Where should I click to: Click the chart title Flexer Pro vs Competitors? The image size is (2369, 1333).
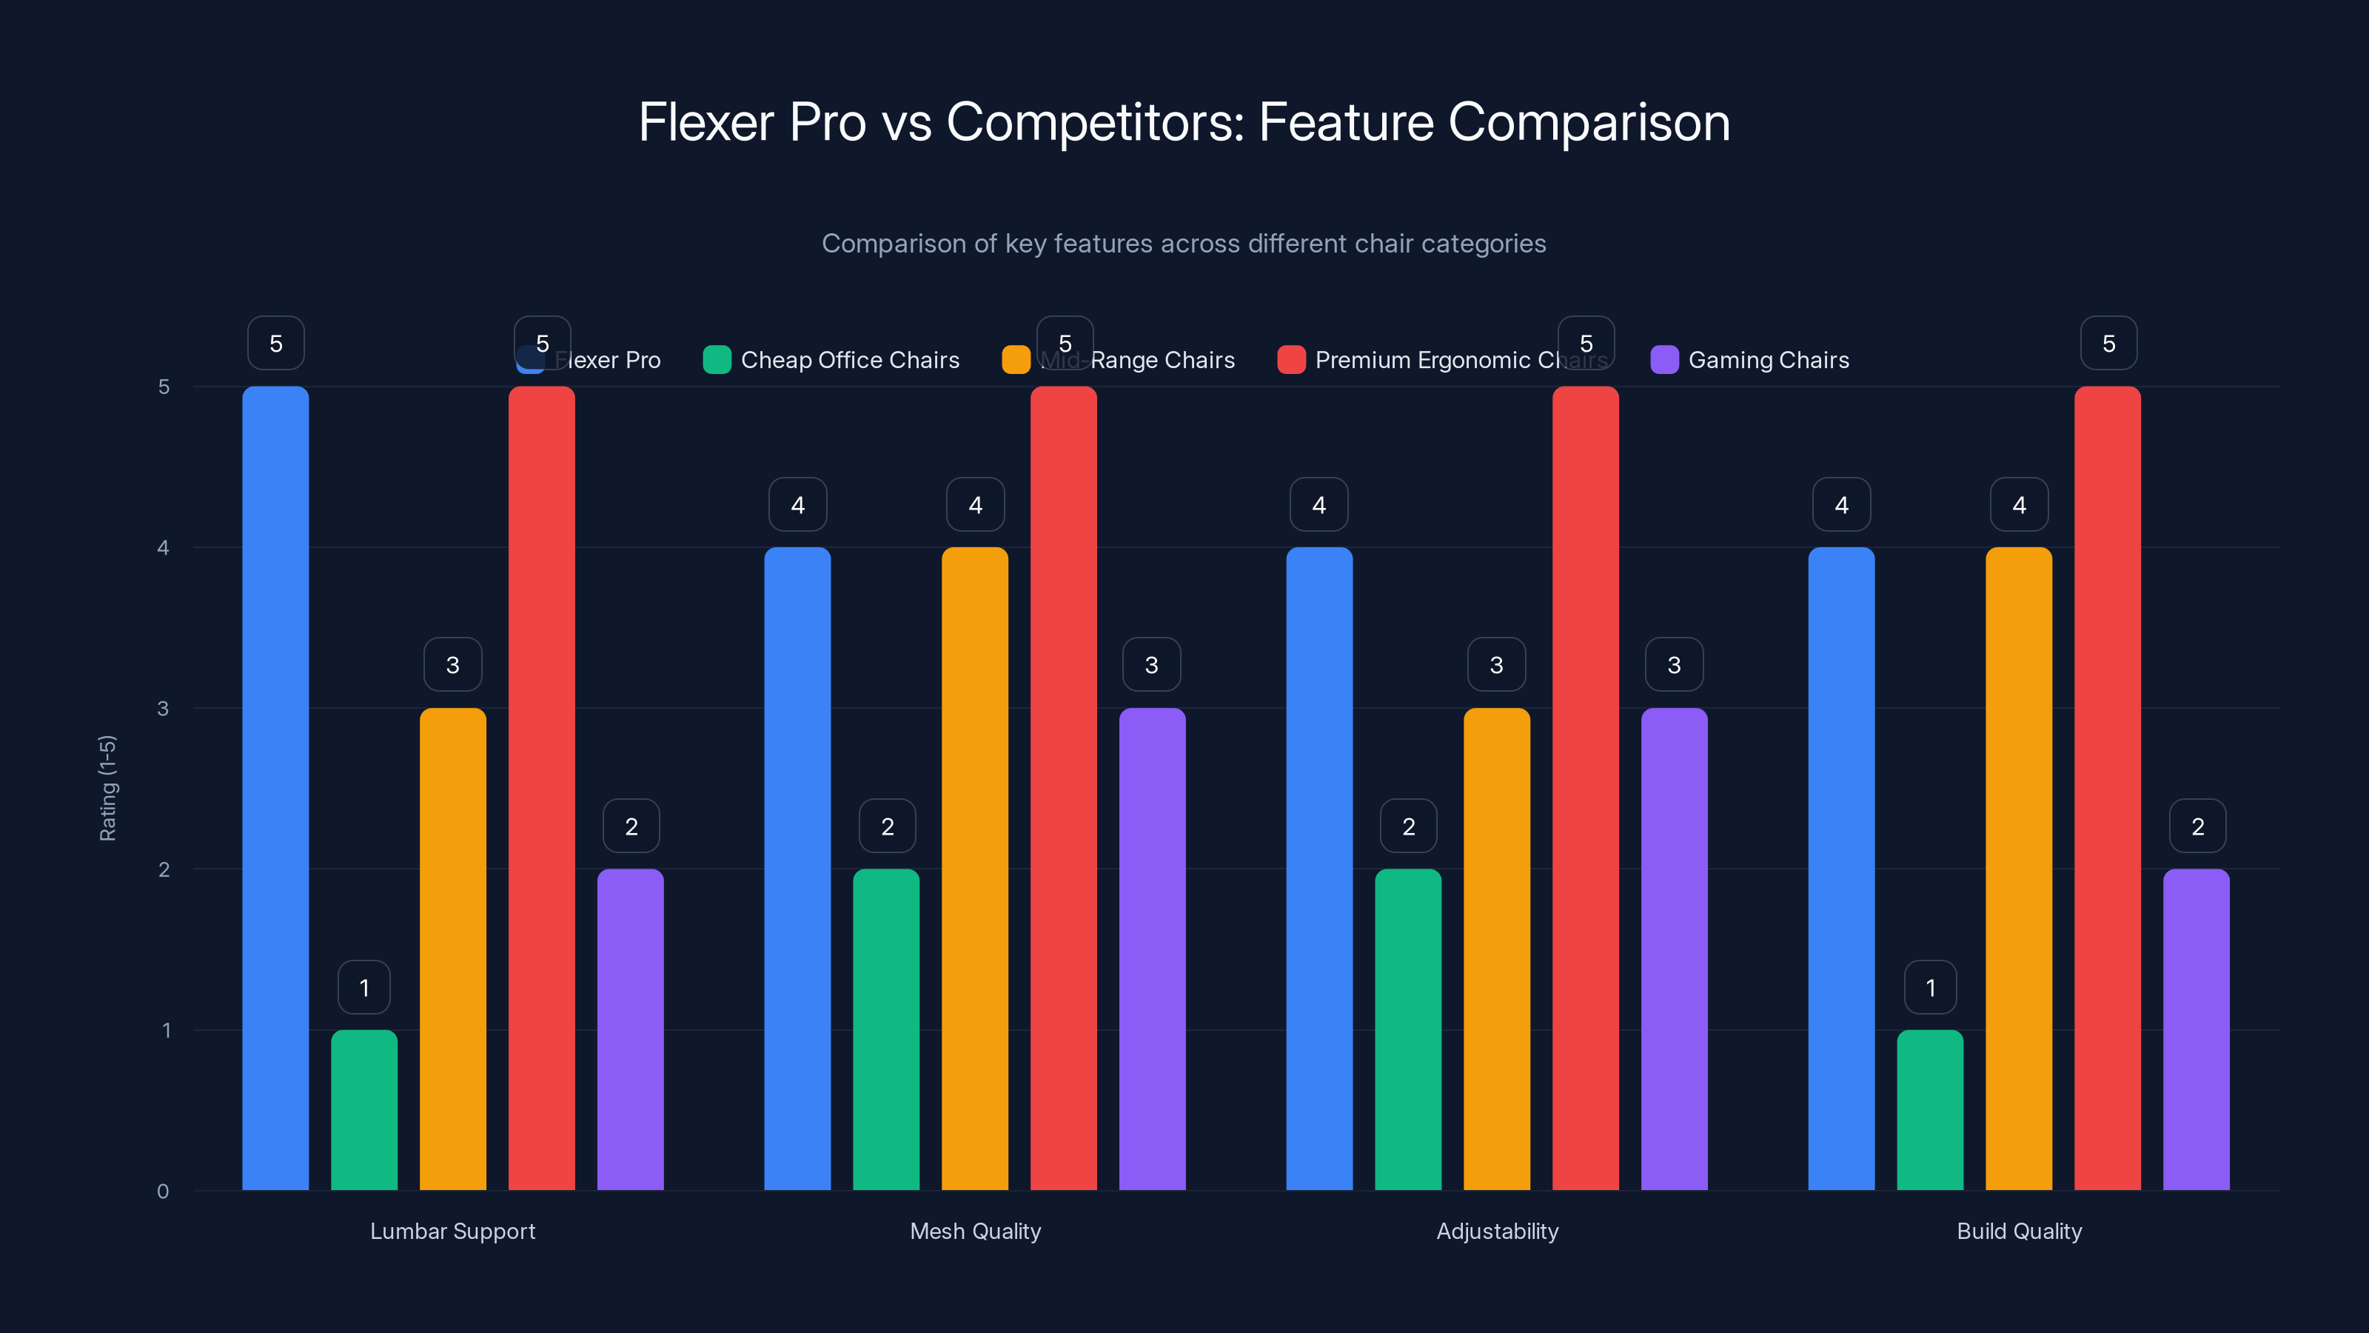(x=1184, y=122)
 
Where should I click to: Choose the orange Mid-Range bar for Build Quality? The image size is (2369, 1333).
(x=2019, y=869)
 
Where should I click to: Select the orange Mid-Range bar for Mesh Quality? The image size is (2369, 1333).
(x=975, y=869)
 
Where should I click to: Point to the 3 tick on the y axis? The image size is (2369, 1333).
(x=163, y=709)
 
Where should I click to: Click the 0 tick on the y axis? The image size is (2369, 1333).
(x=163, y=1192)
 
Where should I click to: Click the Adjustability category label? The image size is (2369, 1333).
(x=1497, y=1231)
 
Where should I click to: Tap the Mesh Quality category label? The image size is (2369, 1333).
(x=975, y=1231)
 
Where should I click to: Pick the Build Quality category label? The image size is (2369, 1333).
(x=2019, y=1231)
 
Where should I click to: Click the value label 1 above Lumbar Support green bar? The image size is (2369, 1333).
(x=364, y=987)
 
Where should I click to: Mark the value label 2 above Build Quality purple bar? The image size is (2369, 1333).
(x=2197, y=826)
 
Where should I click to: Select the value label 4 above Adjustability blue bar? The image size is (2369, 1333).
(x=1318, y=504)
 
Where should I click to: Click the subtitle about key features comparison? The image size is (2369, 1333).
(x=1184, y=243)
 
